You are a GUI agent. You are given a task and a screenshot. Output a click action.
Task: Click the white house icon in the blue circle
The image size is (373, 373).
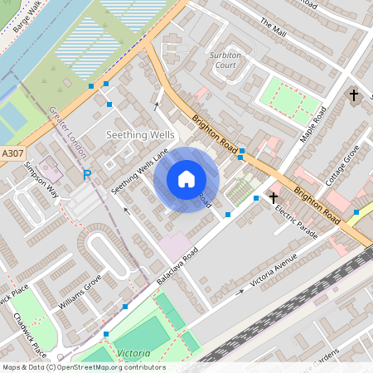[x=186, y=178]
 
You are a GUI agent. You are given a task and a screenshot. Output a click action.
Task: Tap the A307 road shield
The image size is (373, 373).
[x=12, y=153]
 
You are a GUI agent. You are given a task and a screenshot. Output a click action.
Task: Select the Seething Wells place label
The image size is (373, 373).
[x=138, y=134]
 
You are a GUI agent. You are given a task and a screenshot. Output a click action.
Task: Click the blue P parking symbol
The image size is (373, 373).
[x=86, y=175]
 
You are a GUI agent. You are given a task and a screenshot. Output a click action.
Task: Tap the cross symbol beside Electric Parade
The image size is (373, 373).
[x=274, y=197]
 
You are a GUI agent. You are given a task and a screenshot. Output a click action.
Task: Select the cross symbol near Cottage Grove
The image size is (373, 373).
[x=354, y=95]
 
